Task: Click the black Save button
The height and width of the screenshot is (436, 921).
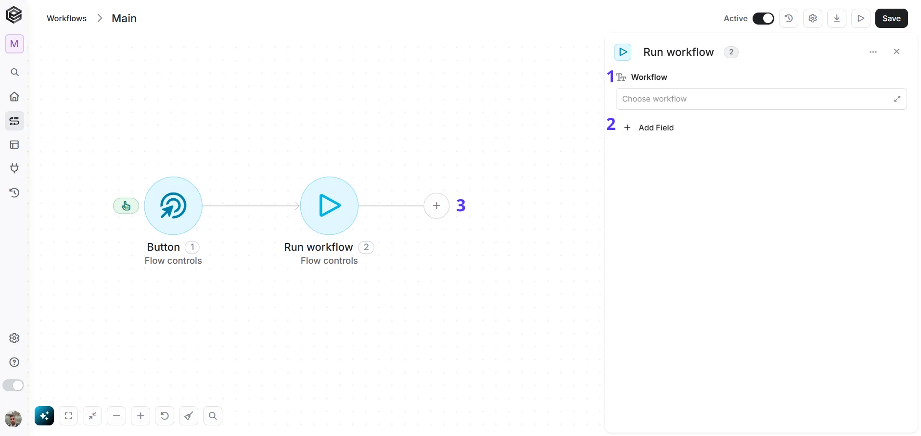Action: (891, 18)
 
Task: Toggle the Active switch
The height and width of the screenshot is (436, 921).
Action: (763, 18)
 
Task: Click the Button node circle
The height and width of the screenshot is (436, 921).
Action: (173, 205)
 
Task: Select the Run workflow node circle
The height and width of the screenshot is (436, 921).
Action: (329, 205)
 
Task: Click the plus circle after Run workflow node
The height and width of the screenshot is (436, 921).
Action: (436, 205)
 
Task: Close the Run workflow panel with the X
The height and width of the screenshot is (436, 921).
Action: (896, 51)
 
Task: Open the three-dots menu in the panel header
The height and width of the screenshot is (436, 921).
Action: (873, 52)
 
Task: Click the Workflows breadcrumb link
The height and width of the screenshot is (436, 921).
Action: (66, 18)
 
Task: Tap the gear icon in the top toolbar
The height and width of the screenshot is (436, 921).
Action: (813, 18)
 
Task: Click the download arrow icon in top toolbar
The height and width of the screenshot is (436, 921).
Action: (837, 18)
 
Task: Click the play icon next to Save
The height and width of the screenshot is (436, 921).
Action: (861, 18)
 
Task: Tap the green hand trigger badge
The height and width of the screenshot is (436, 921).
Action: (126, 206)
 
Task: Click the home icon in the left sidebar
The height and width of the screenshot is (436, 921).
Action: (14, 96)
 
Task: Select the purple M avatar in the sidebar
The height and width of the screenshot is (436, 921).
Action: (14, 44)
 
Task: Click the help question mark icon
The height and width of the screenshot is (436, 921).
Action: (14, 362)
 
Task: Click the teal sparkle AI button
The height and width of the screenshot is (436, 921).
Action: (44, 416)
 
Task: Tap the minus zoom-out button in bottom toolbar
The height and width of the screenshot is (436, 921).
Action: (116, 416)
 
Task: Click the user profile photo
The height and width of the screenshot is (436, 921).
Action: (13, 419)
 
